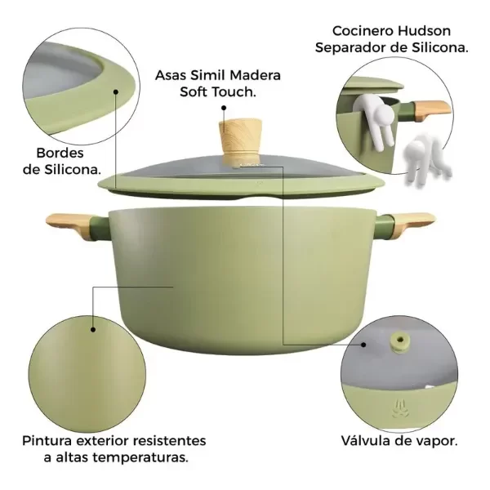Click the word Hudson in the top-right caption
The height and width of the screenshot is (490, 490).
424,31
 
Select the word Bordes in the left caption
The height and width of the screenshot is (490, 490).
60,154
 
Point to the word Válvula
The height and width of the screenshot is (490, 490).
365,441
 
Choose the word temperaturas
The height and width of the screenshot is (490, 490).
140,458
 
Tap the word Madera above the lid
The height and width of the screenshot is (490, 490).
255,75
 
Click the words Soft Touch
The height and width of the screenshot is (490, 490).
218,91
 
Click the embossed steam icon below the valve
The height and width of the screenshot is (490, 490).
399,408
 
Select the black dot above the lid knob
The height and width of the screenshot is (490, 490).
224,108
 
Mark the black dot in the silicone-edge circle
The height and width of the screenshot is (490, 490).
116,91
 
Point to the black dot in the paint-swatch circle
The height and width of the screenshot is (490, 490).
93,329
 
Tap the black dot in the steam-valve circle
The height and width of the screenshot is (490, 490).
363,345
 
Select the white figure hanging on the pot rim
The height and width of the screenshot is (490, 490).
375,120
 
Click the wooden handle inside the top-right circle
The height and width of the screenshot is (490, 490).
432,109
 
